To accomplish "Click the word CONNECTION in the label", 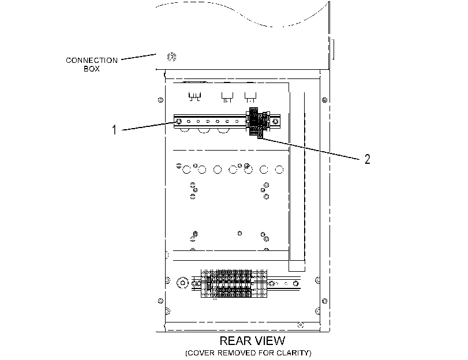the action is tap(92, 61).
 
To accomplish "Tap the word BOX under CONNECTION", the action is tap(92, 69).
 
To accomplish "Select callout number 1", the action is tap(114, 130).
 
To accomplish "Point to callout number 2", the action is tap(368, 159).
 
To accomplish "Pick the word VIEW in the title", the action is tap(271, 340).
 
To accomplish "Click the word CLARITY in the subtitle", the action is tap(293, 353).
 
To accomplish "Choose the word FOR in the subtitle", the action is tap(266, 353).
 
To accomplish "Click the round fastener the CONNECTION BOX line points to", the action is tap(171, 57).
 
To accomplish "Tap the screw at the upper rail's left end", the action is tap(179, 122).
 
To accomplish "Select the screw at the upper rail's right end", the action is tap(275, 121).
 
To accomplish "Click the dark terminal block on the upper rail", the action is tap(257, 122).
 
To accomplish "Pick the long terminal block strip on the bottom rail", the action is tap(234, 284).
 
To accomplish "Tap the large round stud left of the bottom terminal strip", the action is tap(183, 283).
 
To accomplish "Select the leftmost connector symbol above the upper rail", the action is tap(194, 97).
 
